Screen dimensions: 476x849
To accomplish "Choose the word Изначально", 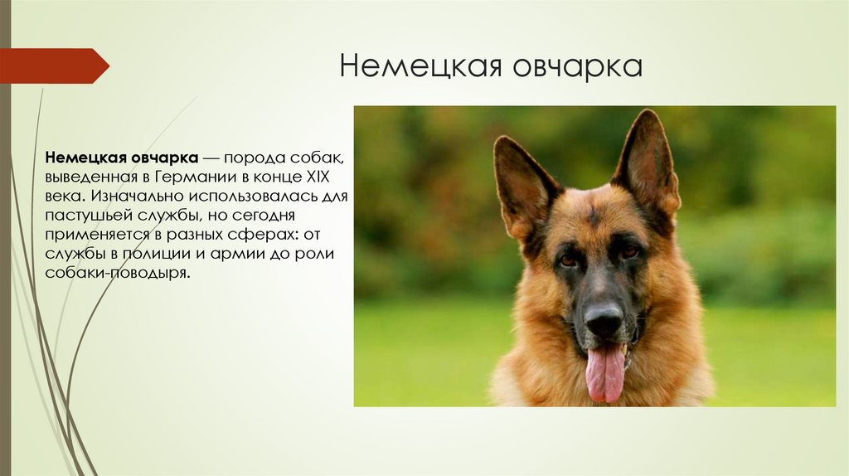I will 133,197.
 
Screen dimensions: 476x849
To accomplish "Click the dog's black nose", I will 603,318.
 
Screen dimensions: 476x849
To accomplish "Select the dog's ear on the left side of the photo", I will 520,182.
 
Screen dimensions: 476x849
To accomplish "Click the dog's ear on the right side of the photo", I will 646,163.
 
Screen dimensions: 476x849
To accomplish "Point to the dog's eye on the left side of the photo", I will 568,260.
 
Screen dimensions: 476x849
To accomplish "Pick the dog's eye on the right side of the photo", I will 629,250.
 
